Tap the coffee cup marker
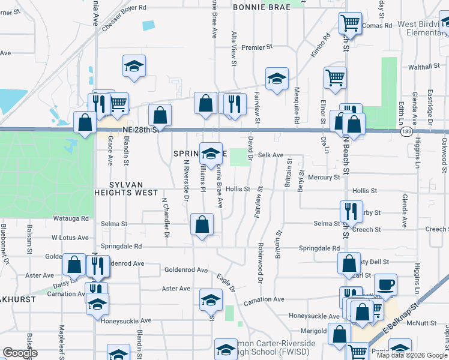tap(385, 284)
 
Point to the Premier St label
tap(257, 47)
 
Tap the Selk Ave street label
tap(270, 155)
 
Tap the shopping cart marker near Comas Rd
tap(350, 23)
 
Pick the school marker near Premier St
tap(277, 79)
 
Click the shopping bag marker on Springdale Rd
tap(202, 224)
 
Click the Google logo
tap(20, 352)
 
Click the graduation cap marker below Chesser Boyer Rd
tap(134, 66)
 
